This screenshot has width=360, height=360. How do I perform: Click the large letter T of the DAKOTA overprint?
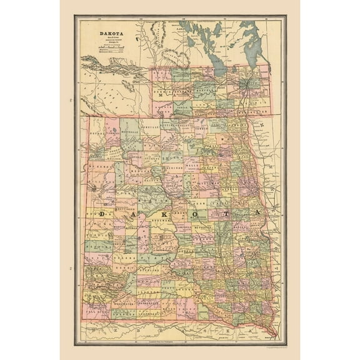click(x=223, y=214)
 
